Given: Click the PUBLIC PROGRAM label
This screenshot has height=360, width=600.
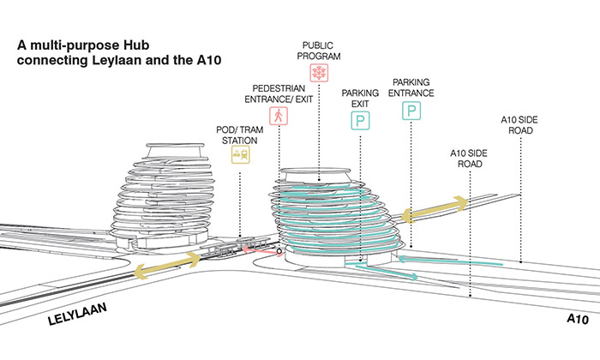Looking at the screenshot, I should [x=317, y=49].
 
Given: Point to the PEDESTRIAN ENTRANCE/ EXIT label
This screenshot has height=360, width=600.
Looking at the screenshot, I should [x=279, y=93].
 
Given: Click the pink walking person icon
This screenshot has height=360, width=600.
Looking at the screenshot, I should [x=278, y=116].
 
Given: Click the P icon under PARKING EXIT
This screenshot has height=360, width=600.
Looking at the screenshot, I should [x=361, y=122].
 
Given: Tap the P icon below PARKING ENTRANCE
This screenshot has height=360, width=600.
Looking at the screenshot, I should [x=414, y=111].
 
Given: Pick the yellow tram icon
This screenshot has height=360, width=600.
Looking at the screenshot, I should [x=240, y=156].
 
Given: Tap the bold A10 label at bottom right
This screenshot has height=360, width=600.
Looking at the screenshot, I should [x=578, y=319].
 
